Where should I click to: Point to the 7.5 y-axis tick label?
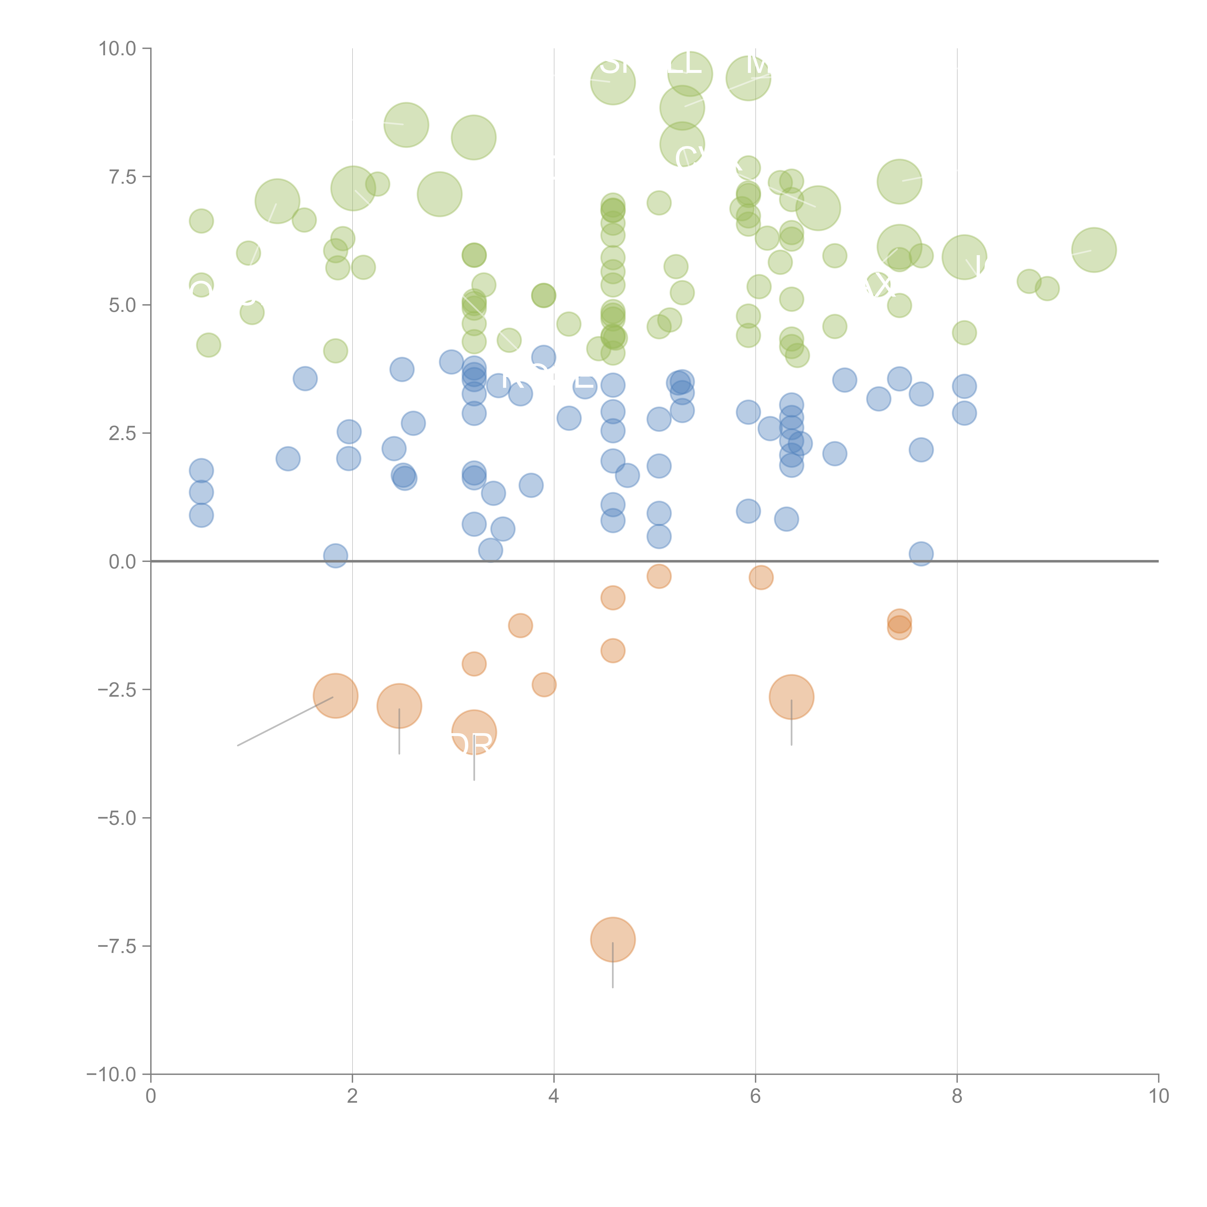pos(122,177)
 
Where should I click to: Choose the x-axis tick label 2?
pos(352,1096)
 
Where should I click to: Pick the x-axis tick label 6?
pos(755,1096)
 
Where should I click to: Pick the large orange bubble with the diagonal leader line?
pos(336,696)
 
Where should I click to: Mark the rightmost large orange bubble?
pos(792,697)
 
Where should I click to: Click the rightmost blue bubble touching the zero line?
pos(921,554)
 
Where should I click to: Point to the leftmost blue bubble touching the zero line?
pos(336,555)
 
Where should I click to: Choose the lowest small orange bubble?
pos(544,685)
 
